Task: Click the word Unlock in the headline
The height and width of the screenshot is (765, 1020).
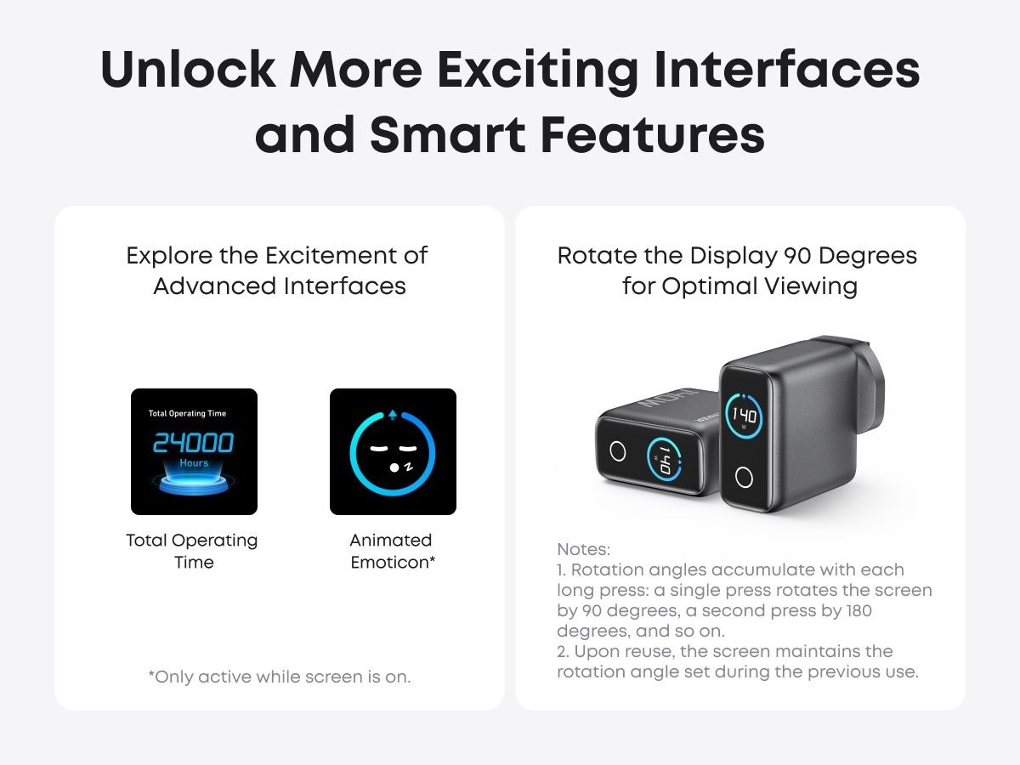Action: coord(188,69)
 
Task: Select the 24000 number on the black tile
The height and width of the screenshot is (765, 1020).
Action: coord(193,442)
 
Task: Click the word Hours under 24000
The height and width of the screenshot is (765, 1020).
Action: coord(195,463)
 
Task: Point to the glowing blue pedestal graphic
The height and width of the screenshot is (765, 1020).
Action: coord(194,483)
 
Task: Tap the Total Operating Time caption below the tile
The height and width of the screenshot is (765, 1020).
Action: coord(192,552)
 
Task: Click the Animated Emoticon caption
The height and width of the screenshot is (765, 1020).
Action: coord(393,552)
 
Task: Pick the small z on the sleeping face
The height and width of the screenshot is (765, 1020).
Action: coord(409,466)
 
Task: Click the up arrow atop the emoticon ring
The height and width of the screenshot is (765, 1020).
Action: coord(393,415)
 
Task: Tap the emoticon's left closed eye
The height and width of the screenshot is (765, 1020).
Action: coord(378,449)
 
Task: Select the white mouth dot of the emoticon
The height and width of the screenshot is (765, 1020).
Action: coord(394,467)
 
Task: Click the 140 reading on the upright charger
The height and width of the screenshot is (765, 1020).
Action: coord(745,415)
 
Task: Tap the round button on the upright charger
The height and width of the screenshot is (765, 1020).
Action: coord(744,478)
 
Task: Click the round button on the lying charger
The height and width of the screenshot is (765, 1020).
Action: coord(618,451)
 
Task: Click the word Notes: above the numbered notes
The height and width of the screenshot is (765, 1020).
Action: coord(583,549)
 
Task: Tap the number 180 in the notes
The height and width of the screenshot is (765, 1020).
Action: coord(858,610)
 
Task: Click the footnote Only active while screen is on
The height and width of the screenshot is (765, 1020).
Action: coord(280,677)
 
